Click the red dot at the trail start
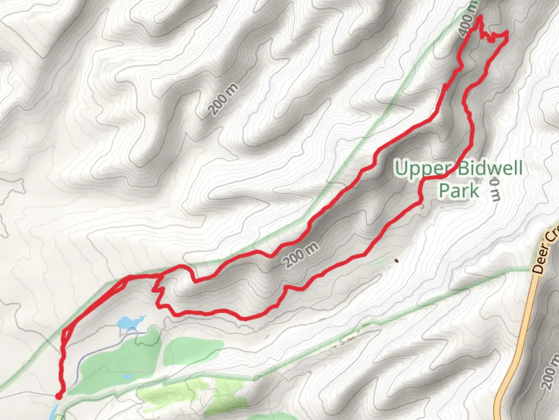click(59, 396)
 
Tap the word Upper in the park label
click(422, 169)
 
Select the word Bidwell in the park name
click(490, 168)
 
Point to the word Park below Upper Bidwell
click(459, 191)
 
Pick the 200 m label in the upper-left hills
click(224, 100)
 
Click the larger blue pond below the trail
click(130, 322)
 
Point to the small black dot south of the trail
click(396, 260)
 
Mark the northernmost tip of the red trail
click(480, 17)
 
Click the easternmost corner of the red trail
click(507, 33)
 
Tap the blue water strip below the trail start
click(54, 411)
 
